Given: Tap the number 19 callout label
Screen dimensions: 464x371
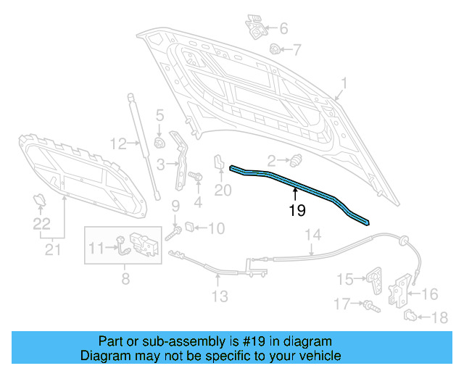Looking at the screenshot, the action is [x=297, y=211].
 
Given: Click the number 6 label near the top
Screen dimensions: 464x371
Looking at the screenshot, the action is [x=283, y=29].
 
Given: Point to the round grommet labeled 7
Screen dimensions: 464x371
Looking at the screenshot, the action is [x=275, y=49].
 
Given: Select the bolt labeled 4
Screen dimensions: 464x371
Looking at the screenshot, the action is [x=194, y=176].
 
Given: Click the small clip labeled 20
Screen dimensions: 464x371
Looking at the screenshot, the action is [x=218, y=164].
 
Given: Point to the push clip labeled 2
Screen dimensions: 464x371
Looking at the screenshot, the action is [x=295, y=159].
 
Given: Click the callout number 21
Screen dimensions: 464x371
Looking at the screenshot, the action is [x=51, y=250].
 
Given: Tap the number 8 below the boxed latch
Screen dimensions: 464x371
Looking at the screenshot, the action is [x=125, y=277].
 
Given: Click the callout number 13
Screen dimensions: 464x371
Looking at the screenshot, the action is [x=220, y=296].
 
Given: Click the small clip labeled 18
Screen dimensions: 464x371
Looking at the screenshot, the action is [x=410, y=315].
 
